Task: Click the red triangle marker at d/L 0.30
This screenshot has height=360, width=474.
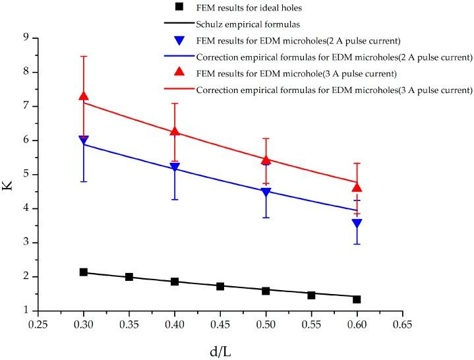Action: (x=84, y=96)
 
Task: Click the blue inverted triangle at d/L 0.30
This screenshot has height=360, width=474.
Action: (x=84, y=140)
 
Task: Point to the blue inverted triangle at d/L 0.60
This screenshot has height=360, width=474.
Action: (x=357, y=224)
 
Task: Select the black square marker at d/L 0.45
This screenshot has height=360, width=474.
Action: (x=220, y=286)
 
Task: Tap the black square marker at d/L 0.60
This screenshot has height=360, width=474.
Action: (x=357, y=299)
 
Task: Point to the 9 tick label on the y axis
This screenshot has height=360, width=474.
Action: (x=27, y=38)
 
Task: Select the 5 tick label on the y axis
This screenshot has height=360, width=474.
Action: (x=27, y=174)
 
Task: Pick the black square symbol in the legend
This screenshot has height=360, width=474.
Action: (x=178, y=7)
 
